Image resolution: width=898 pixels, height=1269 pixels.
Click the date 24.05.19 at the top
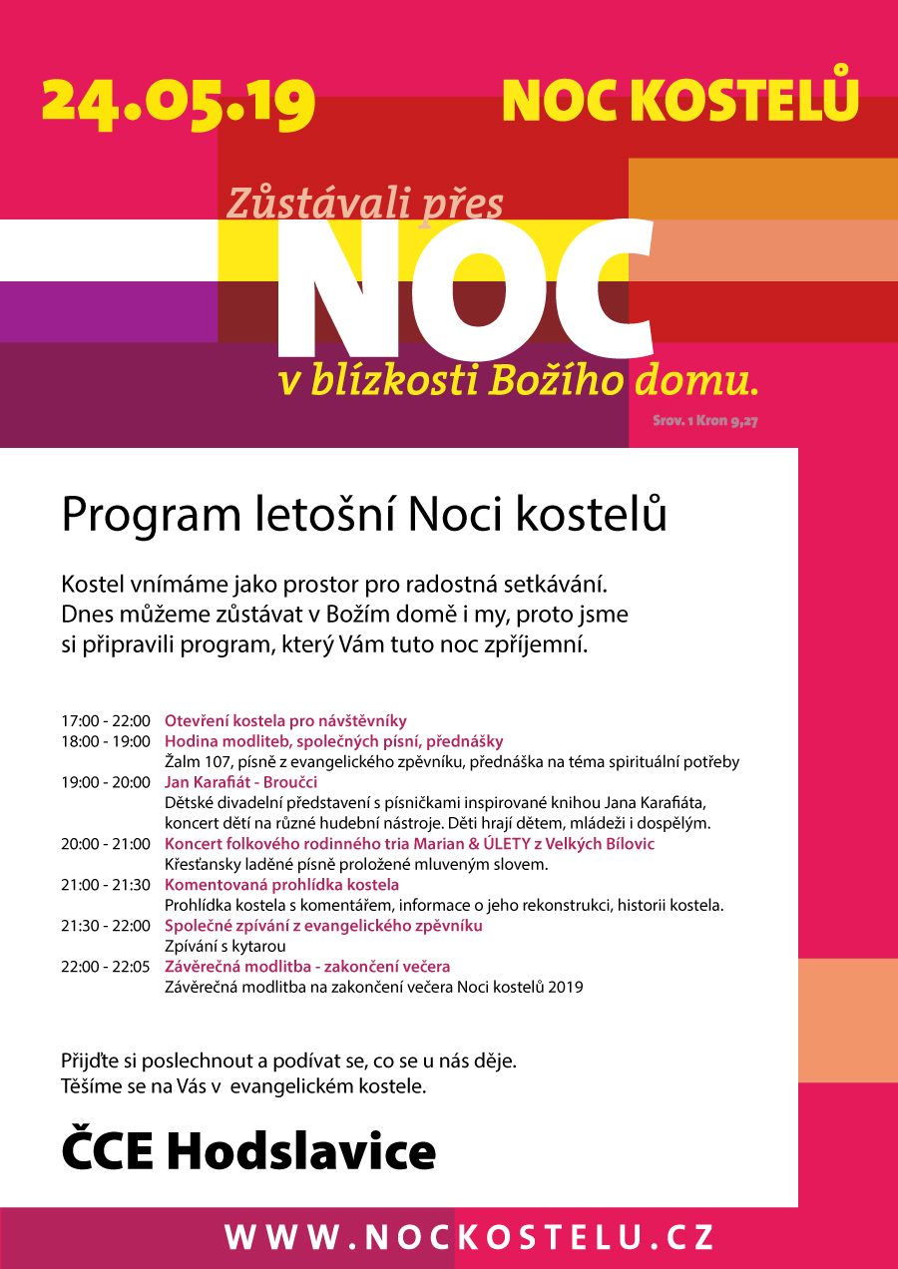179,101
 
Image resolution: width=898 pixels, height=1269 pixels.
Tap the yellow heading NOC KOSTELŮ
680,98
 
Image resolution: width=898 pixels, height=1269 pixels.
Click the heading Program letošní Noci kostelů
364,514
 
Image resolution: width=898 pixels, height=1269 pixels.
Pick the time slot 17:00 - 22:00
105,721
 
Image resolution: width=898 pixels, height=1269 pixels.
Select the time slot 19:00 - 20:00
105,782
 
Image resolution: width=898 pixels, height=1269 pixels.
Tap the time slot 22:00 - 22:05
105,967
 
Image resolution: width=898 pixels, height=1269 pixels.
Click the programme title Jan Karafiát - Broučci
240,782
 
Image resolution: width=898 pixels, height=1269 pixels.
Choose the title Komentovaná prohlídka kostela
281,885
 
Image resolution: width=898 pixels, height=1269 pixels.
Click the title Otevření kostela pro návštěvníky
285,721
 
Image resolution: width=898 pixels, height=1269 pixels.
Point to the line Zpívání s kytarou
225,946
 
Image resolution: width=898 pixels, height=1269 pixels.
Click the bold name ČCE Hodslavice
248,1151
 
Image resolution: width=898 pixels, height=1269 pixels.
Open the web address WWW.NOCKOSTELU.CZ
469,1237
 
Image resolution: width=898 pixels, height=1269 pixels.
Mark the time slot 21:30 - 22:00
105,926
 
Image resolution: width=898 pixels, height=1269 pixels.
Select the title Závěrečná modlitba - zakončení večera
307,967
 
